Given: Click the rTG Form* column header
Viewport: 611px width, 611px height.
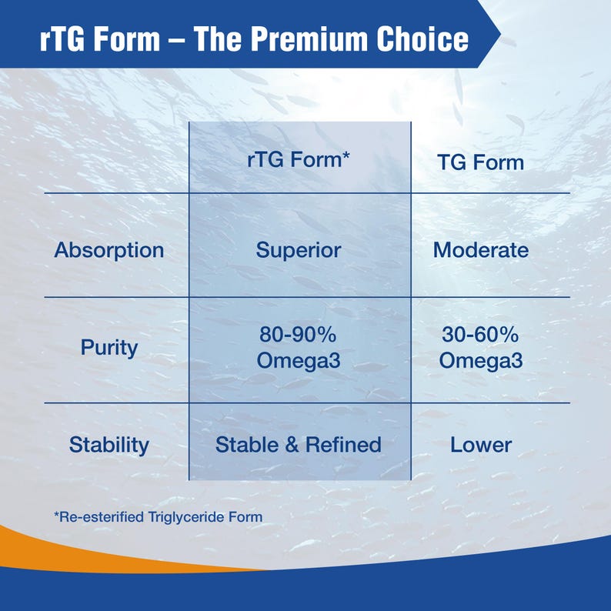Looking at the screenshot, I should coord(299,161).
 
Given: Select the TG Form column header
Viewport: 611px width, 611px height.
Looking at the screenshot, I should coord(480,162).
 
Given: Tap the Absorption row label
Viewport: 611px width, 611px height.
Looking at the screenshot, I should coord(109,250).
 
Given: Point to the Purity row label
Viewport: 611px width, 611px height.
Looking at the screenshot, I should coord(109,347).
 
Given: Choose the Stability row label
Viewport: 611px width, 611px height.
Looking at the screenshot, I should coord(109,445).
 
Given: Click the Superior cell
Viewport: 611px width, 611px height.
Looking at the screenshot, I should coord(299,250).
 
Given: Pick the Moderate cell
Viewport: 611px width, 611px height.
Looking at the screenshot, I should coord(480,250).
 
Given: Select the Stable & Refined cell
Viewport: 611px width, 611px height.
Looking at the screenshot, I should coord(299,445).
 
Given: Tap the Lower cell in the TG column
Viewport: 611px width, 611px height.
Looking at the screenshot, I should coord(480,445).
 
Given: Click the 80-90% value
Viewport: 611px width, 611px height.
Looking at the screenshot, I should coord(299,336).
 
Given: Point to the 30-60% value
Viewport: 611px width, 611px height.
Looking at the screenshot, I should coord(480,336).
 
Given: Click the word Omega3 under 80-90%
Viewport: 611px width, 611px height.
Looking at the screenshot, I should coord(299,360).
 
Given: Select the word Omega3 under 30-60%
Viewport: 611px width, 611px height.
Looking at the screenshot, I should coord(480,360).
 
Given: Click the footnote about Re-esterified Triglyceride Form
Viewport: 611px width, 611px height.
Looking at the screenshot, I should coord(158,516).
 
